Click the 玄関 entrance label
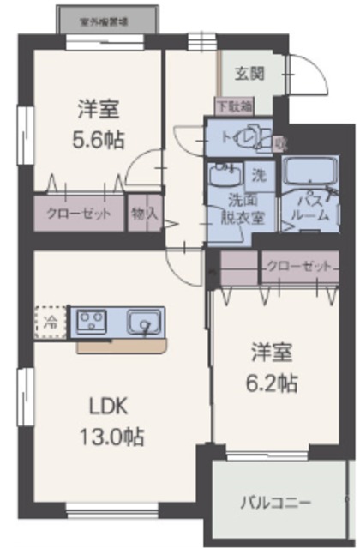pos(251,73)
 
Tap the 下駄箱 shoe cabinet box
pos(233,107)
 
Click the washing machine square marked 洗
pos(259,175)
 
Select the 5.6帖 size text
pos(97,141)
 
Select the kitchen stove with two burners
pos(90,322)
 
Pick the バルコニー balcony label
pos(276,502)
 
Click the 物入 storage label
pos(144,213)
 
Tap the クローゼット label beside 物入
pos(79,213)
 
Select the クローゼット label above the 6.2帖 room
pos(297,266)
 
